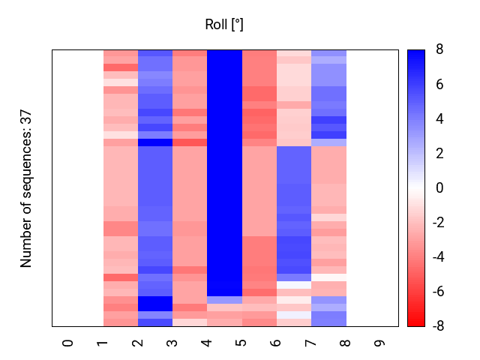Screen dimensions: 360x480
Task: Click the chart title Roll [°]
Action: click(224, 25)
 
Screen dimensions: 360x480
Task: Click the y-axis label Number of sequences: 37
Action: click(26, 188)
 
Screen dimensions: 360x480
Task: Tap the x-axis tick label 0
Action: click(69, 343)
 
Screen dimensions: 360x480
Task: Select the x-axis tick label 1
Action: click(103, 343)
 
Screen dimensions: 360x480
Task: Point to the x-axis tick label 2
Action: click(138, 343)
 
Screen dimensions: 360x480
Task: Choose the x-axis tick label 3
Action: click(172, 343)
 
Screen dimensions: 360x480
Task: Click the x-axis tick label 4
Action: click(208, 343)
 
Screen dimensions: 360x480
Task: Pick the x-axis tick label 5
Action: click(242, 343)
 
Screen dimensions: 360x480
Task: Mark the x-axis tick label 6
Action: click(277, 343)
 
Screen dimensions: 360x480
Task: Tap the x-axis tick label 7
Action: click(311, 343)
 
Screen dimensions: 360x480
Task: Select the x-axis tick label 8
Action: click(346, 343)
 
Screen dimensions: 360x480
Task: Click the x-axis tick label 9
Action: click(381, 343)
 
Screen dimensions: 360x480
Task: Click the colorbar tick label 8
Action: click(439, 50)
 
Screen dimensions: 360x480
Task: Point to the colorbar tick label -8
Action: click(436, 326)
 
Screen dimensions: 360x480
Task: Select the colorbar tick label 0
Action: click(439, 188)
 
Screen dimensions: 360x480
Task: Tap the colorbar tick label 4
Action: click(439, 119)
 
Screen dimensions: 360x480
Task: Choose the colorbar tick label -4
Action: click(436, 257)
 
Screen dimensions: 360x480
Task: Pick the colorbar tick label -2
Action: click(436, 223)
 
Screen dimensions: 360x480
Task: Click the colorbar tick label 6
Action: click(439, 85)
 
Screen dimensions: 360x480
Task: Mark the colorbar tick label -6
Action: click(436, 292)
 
